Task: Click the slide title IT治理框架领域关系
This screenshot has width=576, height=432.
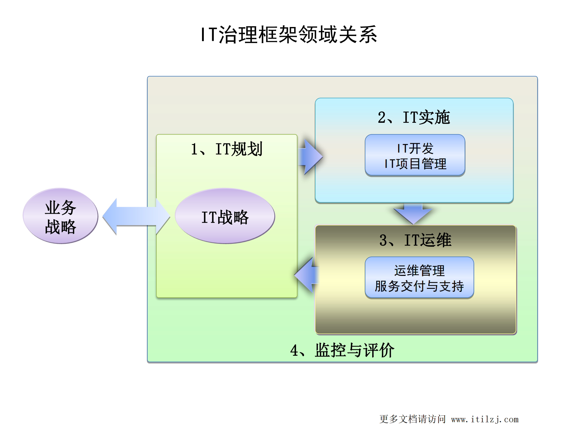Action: (288, 35)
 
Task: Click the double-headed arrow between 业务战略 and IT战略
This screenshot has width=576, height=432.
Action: (136, 216)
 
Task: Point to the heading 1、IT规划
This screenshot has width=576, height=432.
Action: (227, 149)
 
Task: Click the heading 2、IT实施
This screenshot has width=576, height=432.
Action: (414, 117)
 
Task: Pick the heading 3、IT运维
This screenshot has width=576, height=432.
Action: (415, 240)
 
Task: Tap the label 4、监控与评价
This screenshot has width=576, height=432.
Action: (342, 350)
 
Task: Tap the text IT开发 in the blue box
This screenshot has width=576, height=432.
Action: (415, 148)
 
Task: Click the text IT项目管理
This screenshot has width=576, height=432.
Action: (415, 164)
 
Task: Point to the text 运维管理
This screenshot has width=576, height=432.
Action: (419, 270)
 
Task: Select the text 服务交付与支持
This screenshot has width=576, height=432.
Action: (419, 286)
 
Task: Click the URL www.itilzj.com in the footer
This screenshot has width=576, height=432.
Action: (484, 419)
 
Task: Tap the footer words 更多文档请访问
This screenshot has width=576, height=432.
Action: (412, 419)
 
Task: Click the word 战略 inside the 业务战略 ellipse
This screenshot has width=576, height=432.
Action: (61, 227)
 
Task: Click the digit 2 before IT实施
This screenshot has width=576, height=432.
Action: (381, 117)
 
